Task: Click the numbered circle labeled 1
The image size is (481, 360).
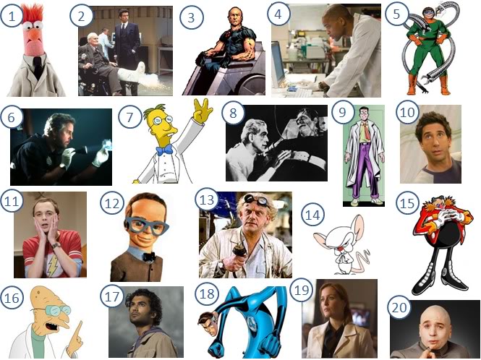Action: pos(12,16)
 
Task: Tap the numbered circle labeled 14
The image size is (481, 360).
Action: pos(313,215)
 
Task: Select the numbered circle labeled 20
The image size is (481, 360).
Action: pos(399,307)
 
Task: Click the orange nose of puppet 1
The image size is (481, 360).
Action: pos(35,36)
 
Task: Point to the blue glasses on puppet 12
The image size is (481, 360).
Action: pos(146,226)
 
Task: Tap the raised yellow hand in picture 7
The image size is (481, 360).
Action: pos(202,110)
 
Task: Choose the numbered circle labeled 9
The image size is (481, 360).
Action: pos(341,111)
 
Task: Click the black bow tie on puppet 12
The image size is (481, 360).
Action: pos(149,257)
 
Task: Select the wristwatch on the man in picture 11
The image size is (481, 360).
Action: pos(55,245)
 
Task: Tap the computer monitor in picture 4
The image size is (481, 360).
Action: pos(278,66)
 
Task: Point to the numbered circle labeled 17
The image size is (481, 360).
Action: pos(112,296)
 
